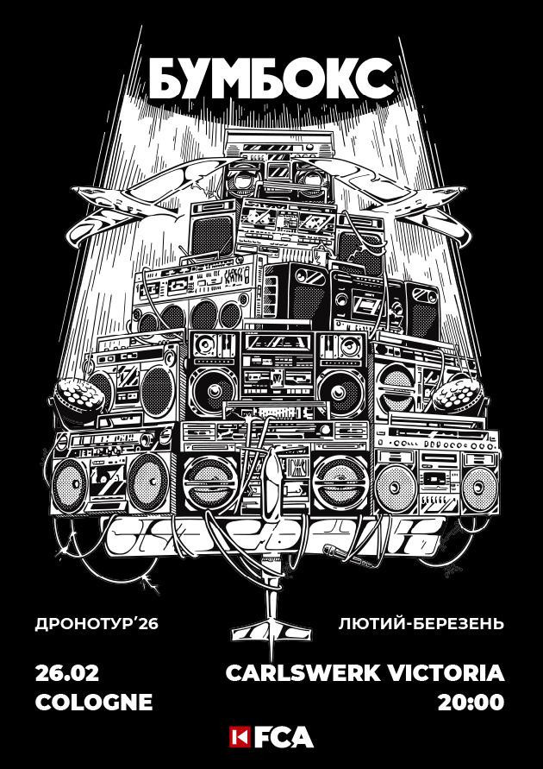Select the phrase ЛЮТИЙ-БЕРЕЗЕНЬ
pos(421,622)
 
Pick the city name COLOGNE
pos(93,701)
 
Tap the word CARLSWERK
pos(313,672)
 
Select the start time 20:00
pos(471,701)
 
